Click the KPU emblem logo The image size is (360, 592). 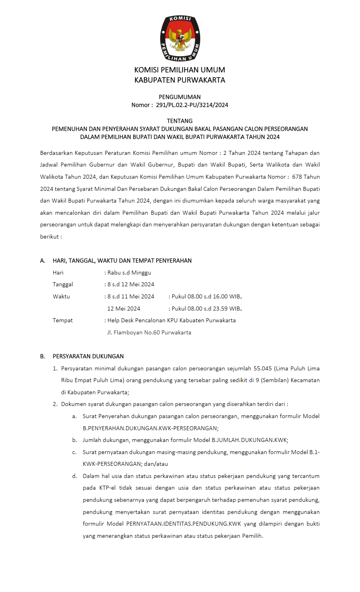pyautogui.click(x=180, y=39)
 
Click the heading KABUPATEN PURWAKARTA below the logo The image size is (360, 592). pyautogui.click(x=180, y=80)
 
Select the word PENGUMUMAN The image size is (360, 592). pyautogui.click(x=180, y=97)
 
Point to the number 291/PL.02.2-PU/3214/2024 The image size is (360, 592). pyautogui.click(x=192, y=105)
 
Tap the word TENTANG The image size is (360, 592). pyautogui.click(x=180, y=121)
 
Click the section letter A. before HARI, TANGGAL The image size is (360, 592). pyautogui.click(x=42, y=261)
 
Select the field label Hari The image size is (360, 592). pyautogui.click(x=58, y=273)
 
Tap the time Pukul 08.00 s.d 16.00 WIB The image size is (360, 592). pyautogui.click(x=206, y=296)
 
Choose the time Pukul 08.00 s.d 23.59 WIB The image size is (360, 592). pyautogui.click(x=206, y=309)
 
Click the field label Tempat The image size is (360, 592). pyautogui.click(x=63, y=320)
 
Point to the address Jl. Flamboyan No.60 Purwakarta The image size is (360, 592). pyautogui.click(x=149, y=332)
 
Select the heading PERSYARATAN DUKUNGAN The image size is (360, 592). pyautogui.click(x=88, y=356)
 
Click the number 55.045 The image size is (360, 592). pyautogui.click(x=263, y=368)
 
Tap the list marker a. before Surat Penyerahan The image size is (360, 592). pyautogui.click(x=74, y=416)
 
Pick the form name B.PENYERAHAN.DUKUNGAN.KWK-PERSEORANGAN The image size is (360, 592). pyautogui.click(x=150, y=428)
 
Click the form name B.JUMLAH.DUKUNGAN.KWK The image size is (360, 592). pyautogui.click(x=249, y=440)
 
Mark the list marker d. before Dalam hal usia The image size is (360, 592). pyautogui.click(x=74, y=476)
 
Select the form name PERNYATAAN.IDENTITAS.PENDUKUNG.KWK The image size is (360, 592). pyautogui.click(x=184, y=524)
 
